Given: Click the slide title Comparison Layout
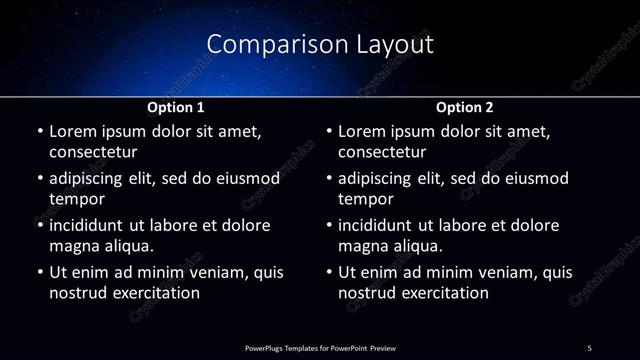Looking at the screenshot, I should (x=320, y=44).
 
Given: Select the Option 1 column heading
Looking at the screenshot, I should (x=176, y=107).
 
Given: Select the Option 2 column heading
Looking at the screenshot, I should (x=465, y=107).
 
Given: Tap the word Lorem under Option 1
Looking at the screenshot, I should (x=72, y=131).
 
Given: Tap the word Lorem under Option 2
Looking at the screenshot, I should (x=362, y=131).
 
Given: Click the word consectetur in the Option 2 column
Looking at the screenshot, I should (x=382, y=153).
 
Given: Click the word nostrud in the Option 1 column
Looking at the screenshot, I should (x=76, y=293).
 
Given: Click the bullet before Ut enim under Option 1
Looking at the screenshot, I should (x=39, y=272).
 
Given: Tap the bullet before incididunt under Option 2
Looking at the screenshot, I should (x=329, y=225).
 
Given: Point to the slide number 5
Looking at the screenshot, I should (x=590, y=347).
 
